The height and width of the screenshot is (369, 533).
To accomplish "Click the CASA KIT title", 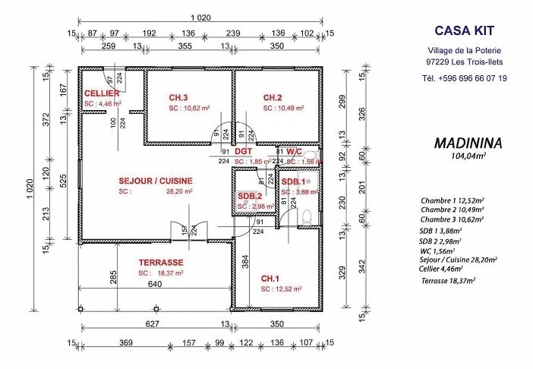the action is click(x=464, y=30).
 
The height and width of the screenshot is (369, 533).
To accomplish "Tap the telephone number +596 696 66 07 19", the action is click(x=463, y=78).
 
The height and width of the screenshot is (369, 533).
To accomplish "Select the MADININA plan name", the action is click(x=465, y=143).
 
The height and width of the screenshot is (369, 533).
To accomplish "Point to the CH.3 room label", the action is click(x=178, y=98).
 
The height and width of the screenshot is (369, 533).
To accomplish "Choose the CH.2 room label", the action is click(x=273, y=98).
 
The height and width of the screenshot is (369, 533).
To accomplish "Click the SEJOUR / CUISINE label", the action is click(x=156, y=181).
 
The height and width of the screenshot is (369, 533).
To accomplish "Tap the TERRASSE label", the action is click(x=161, y=262).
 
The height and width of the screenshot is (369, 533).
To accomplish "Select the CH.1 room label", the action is click(x=271, y=278).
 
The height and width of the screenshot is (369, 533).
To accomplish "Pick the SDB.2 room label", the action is click(x=250, y=196).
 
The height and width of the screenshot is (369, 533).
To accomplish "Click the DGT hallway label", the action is click(x=242, y=151).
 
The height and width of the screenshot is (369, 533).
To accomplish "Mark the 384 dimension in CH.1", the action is click(x=245, y=263).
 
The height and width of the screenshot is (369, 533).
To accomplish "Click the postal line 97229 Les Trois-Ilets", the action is click(x=464, y=62).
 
